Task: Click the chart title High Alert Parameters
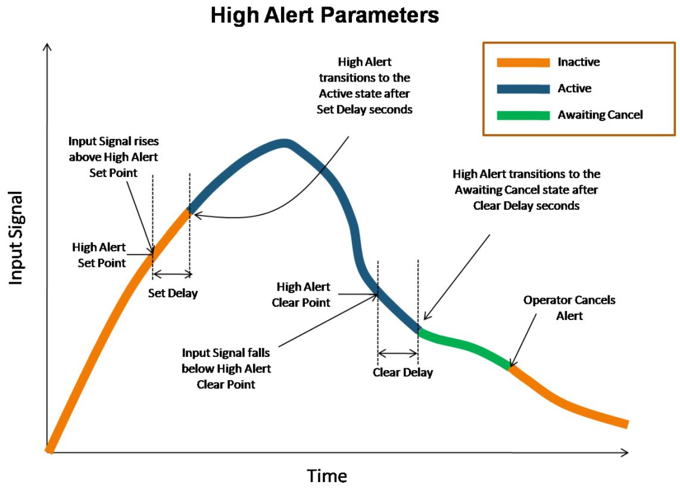click(x=325, y=15)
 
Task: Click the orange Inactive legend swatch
click(x=523, y=63)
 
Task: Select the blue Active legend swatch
click(x=523, y=89)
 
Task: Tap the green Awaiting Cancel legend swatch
click(x=523, y=115)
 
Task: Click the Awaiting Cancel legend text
click(x=600, y=114)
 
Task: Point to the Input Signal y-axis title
click(x=15, y=238)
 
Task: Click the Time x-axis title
click(x=327, y=476)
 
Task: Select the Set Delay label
click(x=173, y=293)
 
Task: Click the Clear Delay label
click(x=403, y=372)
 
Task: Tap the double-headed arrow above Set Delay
click(x=172, y=274)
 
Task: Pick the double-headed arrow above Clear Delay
click(x=398, y=353)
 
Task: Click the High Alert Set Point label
click(x=99, y=255)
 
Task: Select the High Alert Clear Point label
click(x=301, y=294)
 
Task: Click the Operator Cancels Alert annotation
click(x=569, y=308)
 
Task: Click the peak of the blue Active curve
click(x=285, y=144)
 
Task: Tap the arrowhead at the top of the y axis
click(x=48, y=47)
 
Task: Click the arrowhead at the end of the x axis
click(x=625, y=452)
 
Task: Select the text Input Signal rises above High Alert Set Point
click(x=113, y=157)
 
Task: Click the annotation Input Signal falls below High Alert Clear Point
click(x=226, y=368)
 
